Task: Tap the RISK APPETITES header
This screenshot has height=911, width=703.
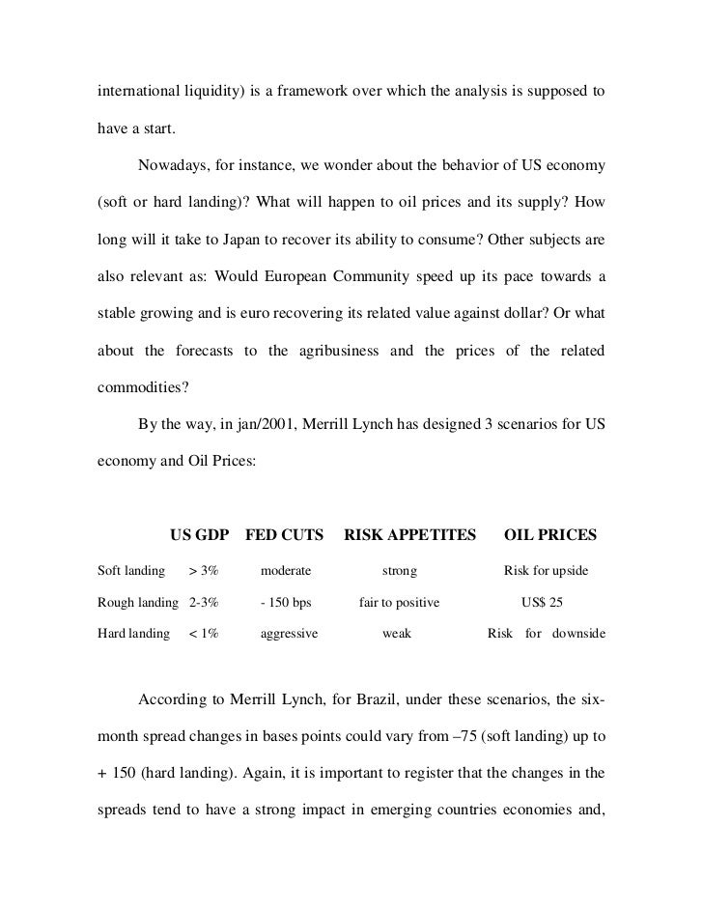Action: point(410,534)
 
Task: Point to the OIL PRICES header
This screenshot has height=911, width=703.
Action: point(551,534)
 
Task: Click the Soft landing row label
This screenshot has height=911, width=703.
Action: point(131,571)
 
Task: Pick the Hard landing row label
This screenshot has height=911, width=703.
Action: point(133,634)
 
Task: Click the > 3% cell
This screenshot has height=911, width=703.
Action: point(204,571)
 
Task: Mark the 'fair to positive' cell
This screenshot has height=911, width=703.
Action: point(399,603)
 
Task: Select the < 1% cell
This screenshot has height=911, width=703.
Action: point(203,634)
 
